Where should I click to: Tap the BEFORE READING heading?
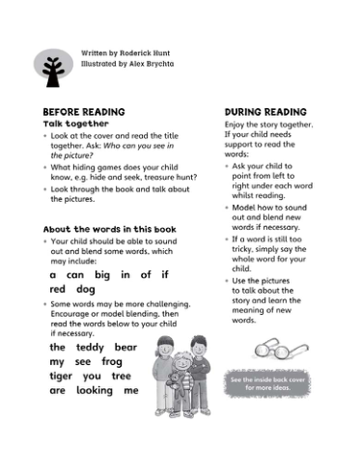(x=83, y=112)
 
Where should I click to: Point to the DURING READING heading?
(x=264, y=112)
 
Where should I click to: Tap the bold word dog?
(x=86, y=289)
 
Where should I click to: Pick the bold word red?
(x=57, y=289)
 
